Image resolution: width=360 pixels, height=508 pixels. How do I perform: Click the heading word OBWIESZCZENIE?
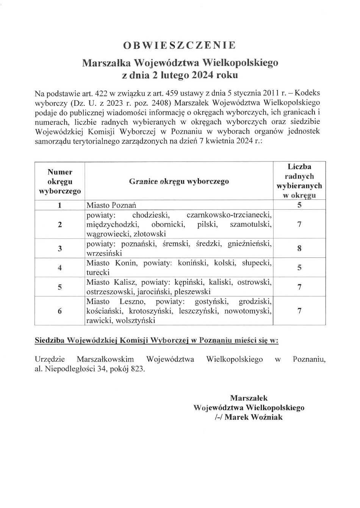point(180,45)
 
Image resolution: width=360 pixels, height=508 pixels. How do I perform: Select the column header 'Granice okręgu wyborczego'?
point(179,181)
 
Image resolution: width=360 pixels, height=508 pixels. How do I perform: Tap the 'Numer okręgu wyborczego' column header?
point(60,181)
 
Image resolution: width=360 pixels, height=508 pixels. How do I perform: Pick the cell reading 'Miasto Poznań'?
point(111,205)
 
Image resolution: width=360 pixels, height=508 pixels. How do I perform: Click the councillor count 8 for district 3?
point(299,249)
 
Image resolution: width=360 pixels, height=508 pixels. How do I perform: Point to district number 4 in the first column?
point(60,268)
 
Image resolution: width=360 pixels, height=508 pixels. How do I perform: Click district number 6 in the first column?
point(60,311)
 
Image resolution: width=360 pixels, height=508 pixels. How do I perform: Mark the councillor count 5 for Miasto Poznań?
point(299,205)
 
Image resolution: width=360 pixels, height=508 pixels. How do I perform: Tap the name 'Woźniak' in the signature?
point(268,417)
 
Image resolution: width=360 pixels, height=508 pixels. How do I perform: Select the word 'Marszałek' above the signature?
point(249,398)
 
